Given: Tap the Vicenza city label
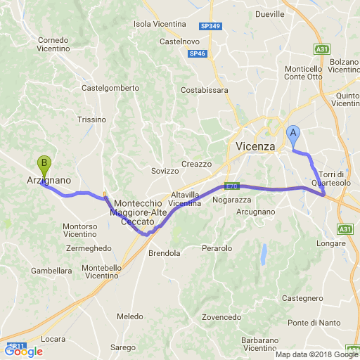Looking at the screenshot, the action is point(252,146).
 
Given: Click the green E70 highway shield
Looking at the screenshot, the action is point(231,186).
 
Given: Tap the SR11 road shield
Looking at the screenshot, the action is point(14,346).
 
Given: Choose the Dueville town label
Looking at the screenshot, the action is point(270,13).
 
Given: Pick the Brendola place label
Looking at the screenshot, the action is point(164,253).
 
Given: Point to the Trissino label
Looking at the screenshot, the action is point(91,120).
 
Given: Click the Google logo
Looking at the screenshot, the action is point(23,351).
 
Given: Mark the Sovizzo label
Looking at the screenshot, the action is point(166,171).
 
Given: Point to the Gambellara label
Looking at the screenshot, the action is point(51,270).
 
